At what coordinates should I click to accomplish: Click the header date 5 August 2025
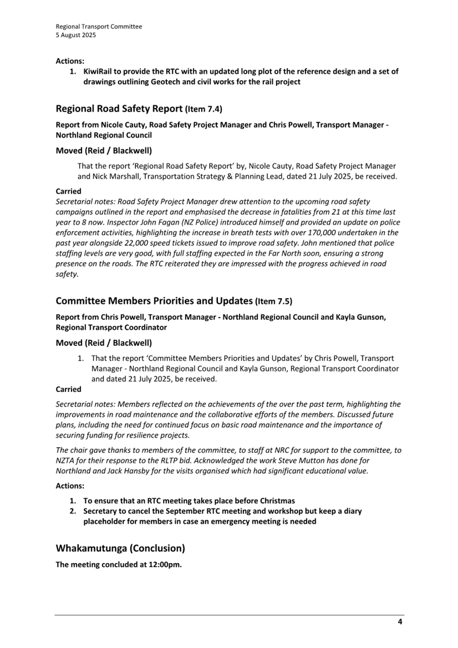[x=76, y=35]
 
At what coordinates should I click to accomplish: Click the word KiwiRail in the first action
[x=97, y=71]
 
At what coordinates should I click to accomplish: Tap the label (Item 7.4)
[x=203, y=109]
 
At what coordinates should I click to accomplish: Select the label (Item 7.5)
[x=273, y=302]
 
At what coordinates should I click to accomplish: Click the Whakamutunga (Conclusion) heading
[x=120, y=549]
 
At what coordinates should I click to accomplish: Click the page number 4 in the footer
[x=400, y=622]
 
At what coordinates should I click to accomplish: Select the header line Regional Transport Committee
[x=99, y=27]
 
